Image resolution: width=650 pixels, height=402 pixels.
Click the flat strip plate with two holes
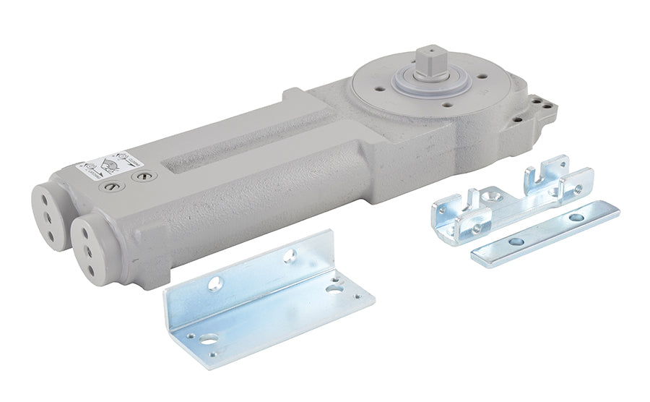[545, 234]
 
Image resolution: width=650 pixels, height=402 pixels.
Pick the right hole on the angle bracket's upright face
[290, 255]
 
